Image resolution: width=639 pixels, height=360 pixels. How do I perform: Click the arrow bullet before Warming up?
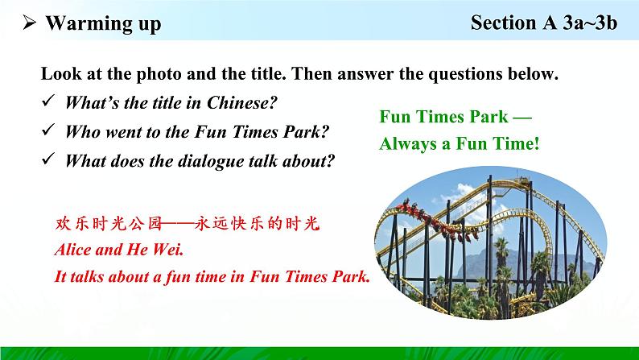[x=29, y=23]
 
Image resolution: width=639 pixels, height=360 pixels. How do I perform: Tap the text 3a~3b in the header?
[x=590, y=23]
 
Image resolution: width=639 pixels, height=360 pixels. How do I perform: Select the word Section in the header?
[x=503, y=23]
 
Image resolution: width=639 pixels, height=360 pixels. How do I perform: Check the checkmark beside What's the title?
[x=48, y=101]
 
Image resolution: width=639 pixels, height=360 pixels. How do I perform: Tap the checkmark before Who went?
[x=48, y=130]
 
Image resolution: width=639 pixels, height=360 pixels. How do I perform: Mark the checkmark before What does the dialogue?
[x=48, y=159]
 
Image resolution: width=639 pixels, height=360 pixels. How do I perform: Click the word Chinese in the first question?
[x=242, y=103]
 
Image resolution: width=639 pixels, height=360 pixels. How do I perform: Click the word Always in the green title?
[x=408, y=143]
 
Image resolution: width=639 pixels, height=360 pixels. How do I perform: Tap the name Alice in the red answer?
[x=72, y=250]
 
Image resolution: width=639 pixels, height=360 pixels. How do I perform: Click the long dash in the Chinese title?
[x=178, y=223]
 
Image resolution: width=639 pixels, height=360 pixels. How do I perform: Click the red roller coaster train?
[x=437, y=221]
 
